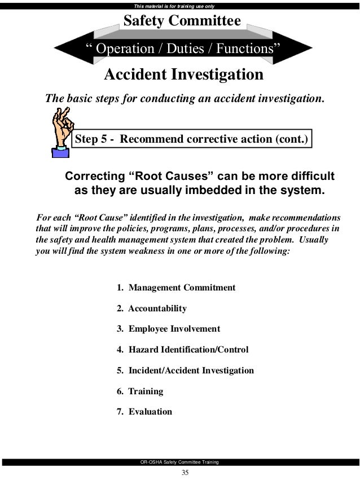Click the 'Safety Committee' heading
coord(182,21)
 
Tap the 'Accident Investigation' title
coord(184,74)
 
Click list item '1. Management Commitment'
coord(175,288)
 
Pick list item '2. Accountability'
coord(151,309)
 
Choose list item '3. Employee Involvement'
coord(168,329)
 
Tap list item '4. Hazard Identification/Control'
coord(182,350)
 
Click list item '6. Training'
coord(140,391)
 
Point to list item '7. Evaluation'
coord(144,412)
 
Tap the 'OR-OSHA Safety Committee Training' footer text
coord(180,463)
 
